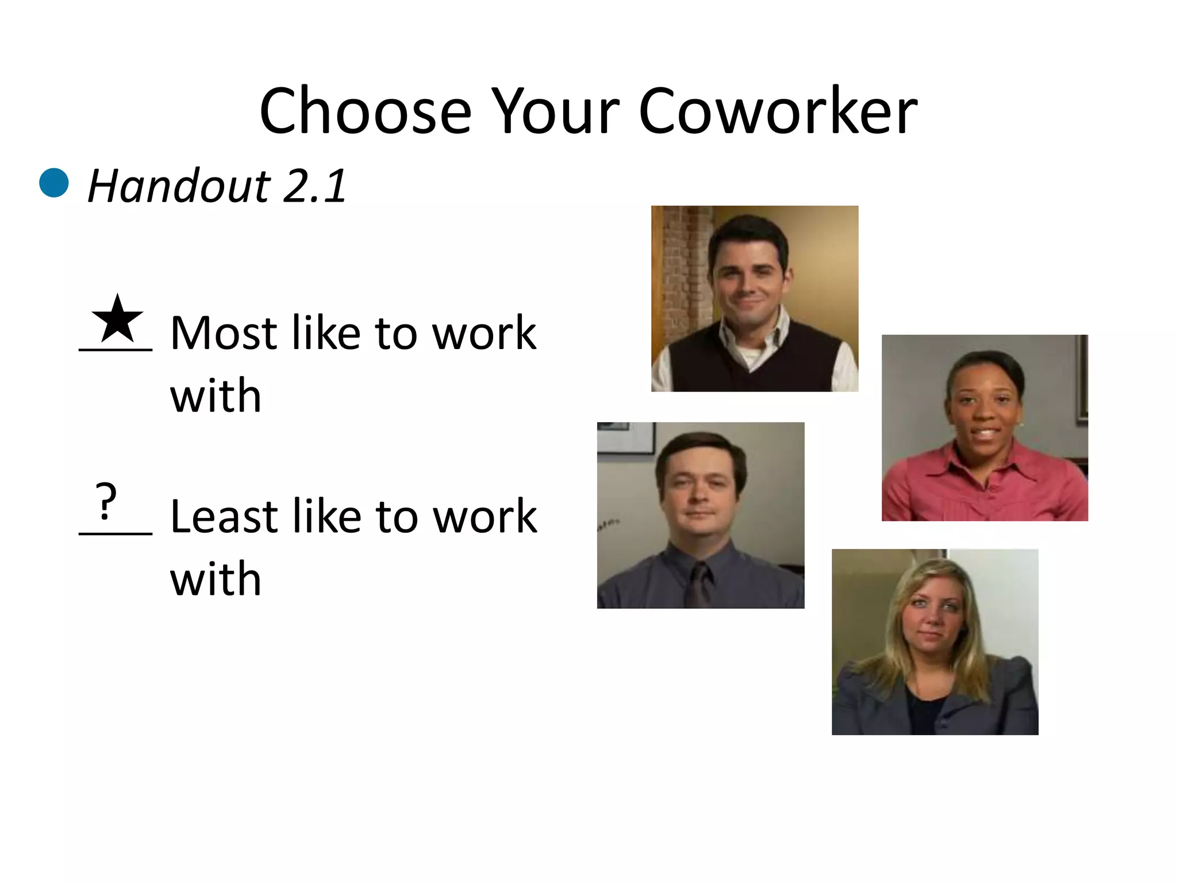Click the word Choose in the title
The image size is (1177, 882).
(365, 112)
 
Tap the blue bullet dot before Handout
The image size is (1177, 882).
(54, 183)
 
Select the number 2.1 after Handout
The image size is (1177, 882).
(315, 187)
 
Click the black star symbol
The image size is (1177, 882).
(117, 320)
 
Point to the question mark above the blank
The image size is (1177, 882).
(106, 501)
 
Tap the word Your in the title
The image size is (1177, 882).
(555, 112)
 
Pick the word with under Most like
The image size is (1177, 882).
(216, 396)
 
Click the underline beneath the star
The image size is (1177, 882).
(116, 349)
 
